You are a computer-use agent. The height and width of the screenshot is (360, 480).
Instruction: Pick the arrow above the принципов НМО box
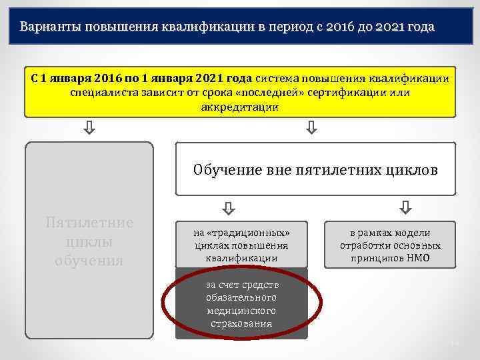(x=405, y=209)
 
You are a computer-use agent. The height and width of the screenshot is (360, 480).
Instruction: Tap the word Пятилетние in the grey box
(x=89, y=223)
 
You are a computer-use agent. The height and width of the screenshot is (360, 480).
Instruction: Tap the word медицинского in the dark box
(x=241, y=311)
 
